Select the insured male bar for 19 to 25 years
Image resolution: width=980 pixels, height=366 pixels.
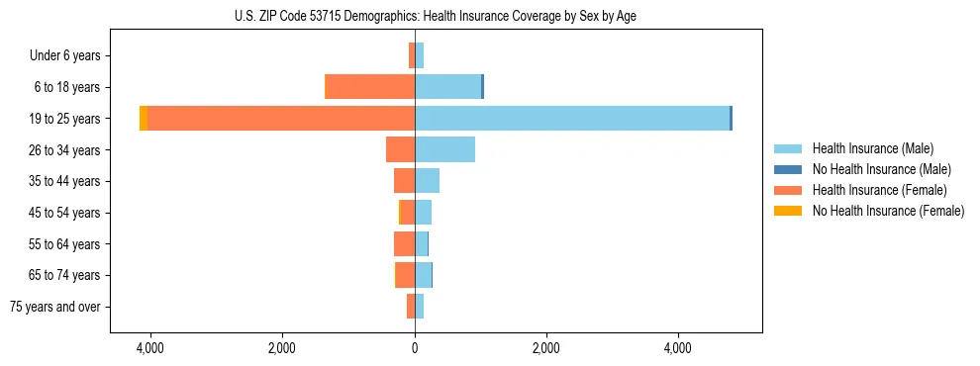coord(572,119)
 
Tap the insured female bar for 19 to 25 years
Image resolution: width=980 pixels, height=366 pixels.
coord(281,119)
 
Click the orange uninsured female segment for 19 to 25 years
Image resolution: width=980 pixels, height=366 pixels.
coord(144,119)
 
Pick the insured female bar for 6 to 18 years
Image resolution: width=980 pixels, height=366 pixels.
coord(370,87)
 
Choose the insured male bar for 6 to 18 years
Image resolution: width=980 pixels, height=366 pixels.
coord(447,87)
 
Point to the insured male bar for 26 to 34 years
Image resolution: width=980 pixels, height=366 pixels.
coord(444,149)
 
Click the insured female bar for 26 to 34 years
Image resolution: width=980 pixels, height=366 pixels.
coord(401,149)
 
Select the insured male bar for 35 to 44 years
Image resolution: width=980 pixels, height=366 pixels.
coord(427,181)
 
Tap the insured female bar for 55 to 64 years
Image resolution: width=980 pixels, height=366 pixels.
coord(404,243)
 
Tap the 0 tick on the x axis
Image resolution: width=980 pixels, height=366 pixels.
coord(415,348)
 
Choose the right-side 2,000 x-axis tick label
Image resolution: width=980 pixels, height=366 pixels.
coord(546,348)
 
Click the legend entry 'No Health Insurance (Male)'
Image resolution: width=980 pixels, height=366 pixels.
coord(881,169)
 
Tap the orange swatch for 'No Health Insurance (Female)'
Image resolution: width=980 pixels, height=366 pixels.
coord(788,211)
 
